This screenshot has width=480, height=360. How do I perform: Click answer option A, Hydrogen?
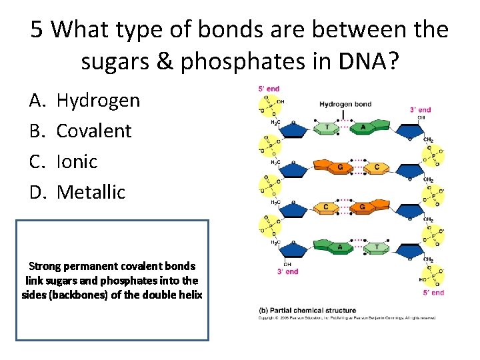tap(98, 100)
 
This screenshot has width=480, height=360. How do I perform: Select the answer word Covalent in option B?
tap(94, 131)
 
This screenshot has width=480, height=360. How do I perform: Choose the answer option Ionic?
tap(77, 161)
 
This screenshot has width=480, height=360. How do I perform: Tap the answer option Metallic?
tap(91, 192)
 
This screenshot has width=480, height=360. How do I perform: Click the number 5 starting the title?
tap(37, 29)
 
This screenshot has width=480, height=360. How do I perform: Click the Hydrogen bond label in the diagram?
tap(345, 104)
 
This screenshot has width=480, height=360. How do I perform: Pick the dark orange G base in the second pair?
tap(340, 167)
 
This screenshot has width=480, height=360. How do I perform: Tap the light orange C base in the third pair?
tap(327, 207)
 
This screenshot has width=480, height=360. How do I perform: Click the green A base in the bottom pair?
tap(340, 247)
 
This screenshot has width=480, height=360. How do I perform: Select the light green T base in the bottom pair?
tap(377, 247)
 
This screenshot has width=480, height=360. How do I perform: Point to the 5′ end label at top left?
tap(269, 89)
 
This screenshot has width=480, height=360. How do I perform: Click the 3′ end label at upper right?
tap(420, 110)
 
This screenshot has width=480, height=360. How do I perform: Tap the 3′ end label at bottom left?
tap(287, 271)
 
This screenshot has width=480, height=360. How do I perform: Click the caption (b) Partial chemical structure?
tap(307, 310)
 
